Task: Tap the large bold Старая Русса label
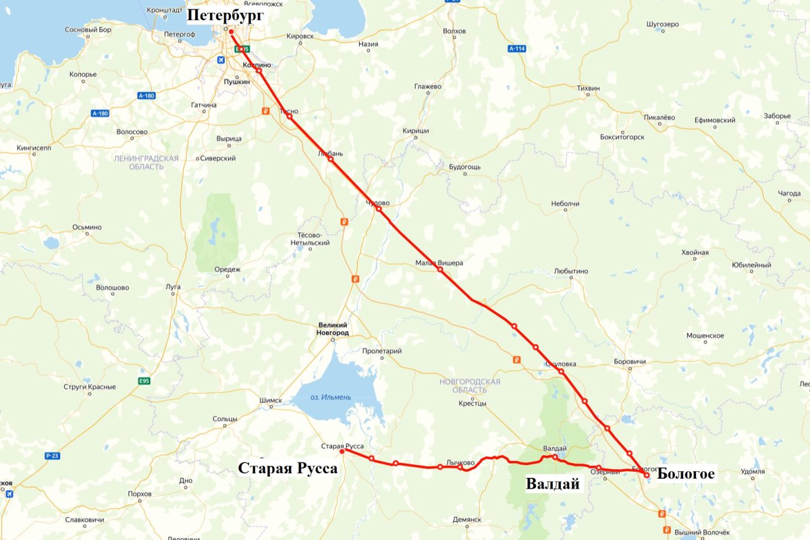[288, 468]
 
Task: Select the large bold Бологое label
[686, 475]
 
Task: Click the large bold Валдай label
[553, 484]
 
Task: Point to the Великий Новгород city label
[333, 329]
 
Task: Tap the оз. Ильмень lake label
[331, 397]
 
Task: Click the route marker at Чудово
[379, 209]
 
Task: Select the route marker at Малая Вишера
[439, 269]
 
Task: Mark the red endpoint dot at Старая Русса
[342, 452]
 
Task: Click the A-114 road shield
[516, 49]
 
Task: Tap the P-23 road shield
[53, 456]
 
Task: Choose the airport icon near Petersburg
[221, 60]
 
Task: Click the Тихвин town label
[588, 88]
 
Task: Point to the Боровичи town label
[630, 362]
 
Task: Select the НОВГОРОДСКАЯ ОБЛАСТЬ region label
[470, 386]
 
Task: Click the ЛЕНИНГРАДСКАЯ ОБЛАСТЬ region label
[147, 162]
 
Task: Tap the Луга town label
[173, 287]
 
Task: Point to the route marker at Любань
[330, 159]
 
